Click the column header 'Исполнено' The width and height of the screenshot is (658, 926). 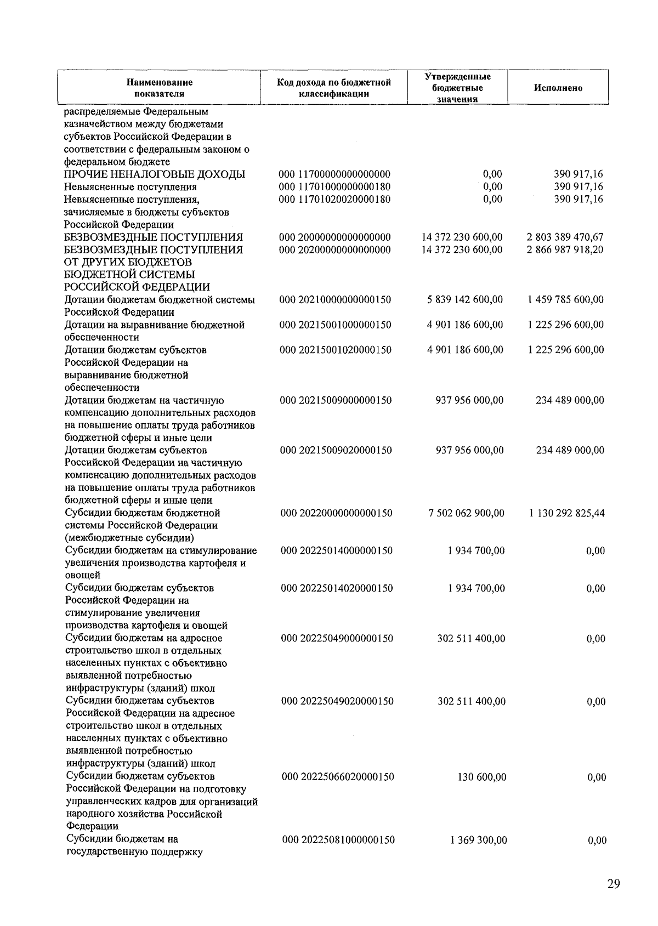tap(558, 88)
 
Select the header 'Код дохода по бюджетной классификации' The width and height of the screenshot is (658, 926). tap(334, 88)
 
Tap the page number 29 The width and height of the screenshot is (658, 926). tap(614, 884)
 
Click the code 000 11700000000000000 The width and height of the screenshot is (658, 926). tap(334, 174)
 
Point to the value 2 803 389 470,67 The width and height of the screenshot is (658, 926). tap(565, 237)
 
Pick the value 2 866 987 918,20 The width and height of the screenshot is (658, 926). tap(565, 250)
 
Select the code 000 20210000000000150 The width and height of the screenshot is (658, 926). tap(335, 300)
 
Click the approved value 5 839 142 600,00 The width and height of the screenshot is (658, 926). tap(464, 300)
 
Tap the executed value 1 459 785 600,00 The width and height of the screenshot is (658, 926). tap(565, 300)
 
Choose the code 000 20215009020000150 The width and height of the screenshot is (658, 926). tap(336, 450)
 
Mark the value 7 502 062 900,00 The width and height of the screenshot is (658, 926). tap(466, 513)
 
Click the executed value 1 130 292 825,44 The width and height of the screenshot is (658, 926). tap(566, 513)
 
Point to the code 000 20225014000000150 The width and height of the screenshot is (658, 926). tap(336, 550)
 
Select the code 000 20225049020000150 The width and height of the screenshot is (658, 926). tap(337, 701)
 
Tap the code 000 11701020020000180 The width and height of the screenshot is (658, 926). tap(334, 199)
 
